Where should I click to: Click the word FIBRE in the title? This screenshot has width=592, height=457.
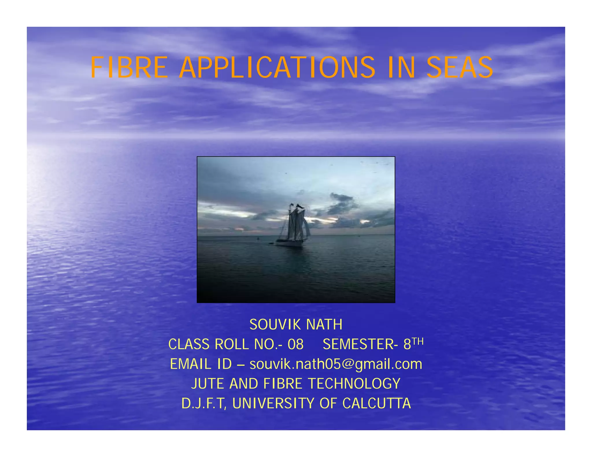(129, 68)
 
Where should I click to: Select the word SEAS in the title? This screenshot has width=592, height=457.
(460, 68)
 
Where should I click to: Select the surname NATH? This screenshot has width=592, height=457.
(324, 325)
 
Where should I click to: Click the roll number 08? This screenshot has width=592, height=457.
(295, 344)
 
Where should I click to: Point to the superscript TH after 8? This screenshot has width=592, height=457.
(418, 342)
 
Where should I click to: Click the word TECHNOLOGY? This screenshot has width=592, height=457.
(354, 384)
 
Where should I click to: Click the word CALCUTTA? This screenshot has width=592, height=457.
(376, 403)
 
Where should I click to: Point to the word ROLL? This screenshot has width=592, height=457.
(231, 344)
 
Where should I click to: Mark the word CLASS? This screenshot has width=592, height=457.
(189, 344)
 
